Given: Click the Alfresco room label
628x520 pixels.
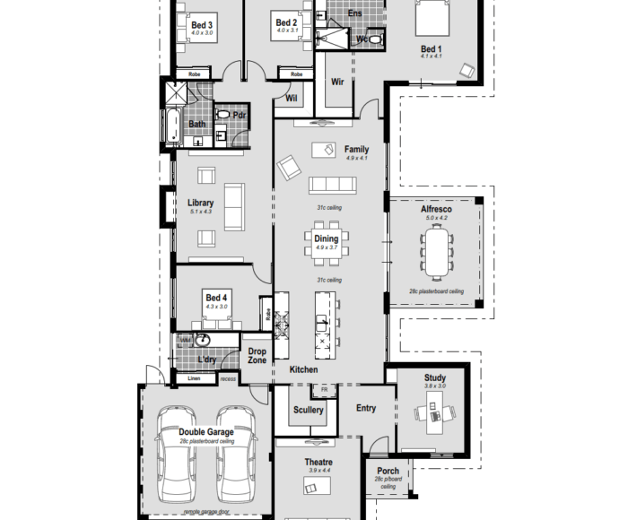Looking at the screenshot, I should pyautogui.click(x=436, y=209).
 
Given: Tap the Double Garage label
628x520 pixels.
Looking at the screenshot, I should pyautogui.click(x=205, y=432).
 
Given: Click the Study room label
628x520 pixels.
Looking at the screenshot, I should pyautogui.click(x=434, y=378).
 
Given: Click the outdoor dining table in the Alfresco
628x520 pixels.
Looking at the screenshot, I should pyautogui.click(x=437, y=252).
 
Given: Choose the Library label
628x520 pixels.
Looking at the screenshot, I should pyautogui.click(x=200, y=204).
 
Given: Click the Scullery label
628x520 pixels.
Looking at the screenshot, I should pyautogui.click(x=309, y=411).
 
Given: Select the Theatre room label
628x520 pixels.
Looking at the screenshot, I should pyautogui.click(x=318, y=462).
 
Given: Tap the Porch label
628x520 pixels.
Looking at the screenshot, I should pyautogui.click(x=388, y=472).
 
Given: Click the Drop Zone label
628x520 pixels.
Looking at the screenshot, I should pyautogui.click(x=257, y=355).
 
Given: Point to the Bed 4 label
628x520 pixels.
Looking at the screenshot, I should pyautogui.click(x=216, y=298).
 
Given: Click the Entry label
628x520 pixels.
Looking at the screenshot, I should pyautogui.click(x=366, y=409).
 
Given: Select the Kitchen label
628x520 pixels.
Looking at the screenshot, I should pyautogui.click(x=303, y=369).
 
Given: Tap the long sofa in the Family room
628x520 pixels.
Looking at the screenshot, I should pyautogui.click(x=332, y=185).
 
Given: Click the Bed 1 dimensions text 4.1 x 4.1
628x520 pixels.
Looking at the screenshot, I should pyautogui.click(x=431, y=56).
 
